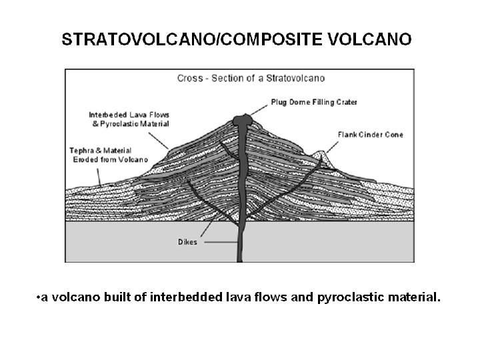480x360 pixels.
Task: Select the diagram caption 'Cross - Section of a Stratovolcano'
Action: coord(251,78)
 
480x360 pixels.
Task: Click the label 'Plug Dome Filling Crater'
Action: coord(314,102)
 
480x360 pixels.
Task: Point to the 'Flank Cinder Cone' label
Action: coord(371,135)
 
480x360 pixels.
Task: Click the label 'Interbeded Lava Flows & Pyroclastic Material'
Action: coord(129,119)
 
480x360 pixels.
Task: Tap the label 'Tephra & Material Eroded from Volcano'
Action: coord(103,154)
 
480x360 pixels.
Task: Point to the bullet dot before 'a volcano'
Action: coord(37,298)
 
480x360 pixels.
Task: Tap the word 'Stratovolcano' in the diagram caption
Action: coord(297,78)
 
